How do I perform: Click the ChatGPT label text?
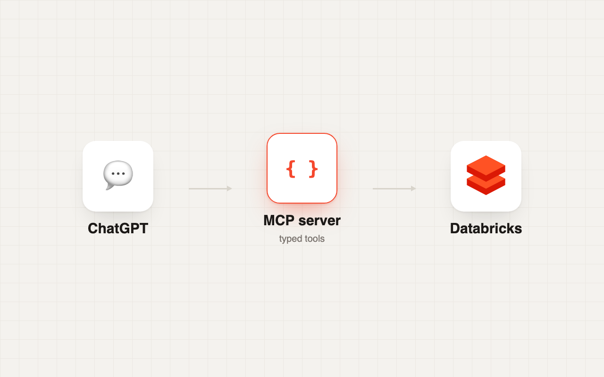[118, 229]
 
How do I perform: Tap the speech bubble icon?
[118, 175]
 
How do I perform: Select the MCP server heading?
[302, 221]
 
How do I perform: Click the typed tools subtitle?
[302, 239]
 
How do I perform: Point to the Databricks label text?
[486, 229]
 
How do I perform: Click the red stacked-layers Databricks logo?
[486, 175]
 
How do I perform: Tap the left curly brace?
[291, 169]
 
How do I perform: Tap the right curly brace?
[313, 169]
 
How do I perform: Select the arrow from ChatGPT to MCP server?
[210, 188]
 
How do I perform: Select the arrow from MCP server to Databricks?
[394, 188]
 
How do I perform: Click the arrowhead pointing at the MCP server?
[229, 188]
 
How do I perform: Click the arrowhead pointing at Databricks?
[413, 188]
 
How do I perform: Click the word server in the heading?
[319, 221]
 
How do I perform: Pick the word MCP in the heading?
[279, 221]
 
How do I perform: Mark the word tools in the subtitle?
[315, 239]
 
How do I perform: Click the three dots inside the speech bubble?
[118, 174]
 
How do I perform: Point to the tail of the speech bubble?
[109, 187]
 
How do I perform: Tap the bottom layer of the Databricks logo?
[486, 186]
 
